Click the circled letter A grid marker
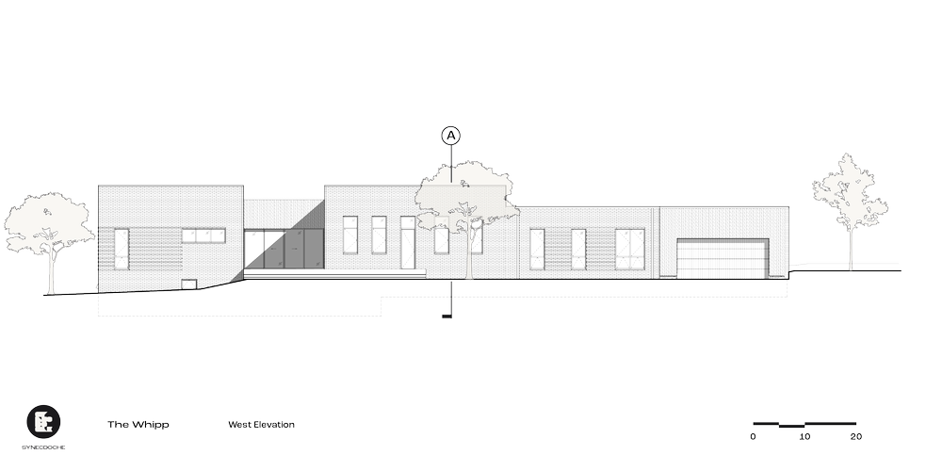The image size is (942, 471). [452, 136]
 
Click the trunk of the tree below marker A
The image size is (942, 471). [468, 254]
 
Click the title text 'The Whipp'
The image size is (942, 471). [138, 425]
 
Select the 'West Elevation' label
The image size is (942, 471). [261, 425]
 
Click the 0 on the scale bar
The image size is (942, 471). [754, 437]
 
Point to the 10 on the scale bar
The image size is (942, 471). [804, 437]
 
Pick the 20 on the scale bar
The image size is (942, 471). [855, 437]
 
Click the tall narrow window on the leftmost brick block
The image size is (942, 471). [121, 247]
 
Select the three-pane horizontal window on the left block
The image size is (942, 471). [205, 235]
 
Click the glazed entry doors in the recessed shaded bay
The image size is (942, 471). [283, 248]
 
